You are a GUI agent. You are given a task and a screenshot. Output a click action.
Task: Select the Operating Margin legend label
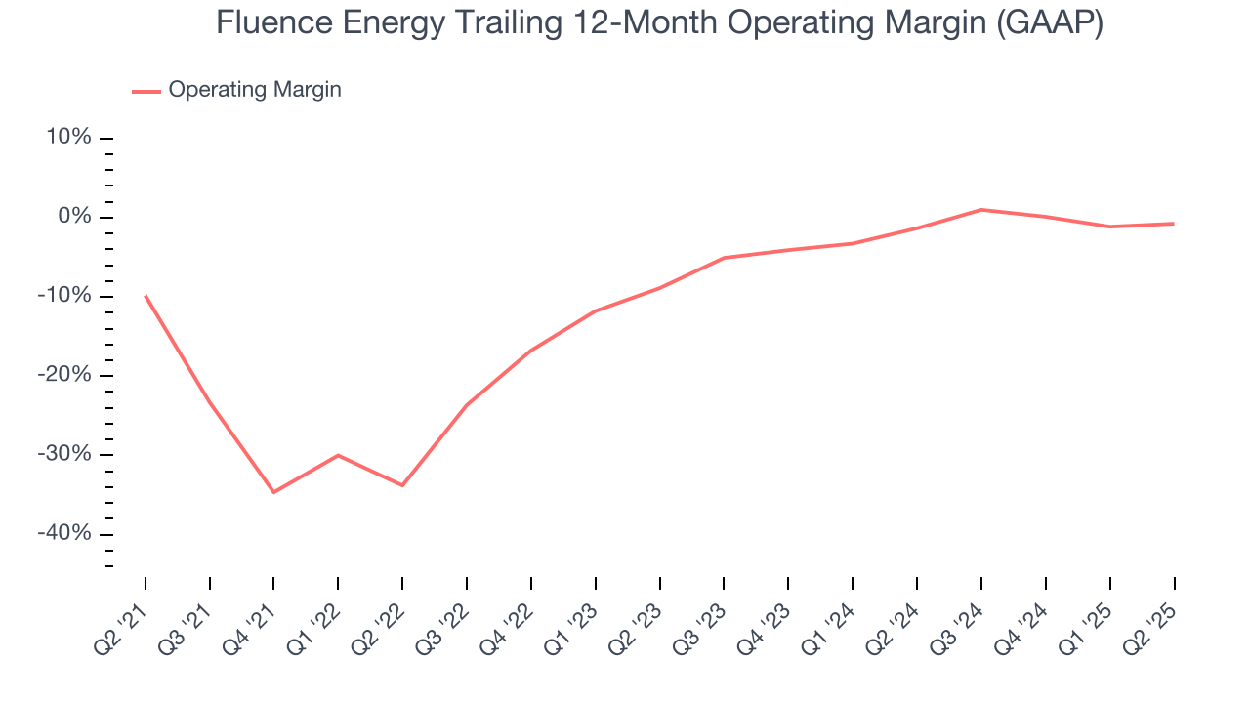255,90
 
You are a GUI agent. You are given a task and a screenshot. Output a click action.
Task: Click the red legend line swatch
146,91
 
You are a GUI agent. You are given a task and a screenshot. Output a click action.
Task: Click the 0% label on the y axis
74,217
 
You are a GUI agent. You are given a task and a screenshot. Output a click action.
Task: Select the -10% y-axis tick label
65,296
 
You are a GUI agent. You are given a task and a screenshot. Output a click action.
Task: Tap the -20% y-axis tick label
65,375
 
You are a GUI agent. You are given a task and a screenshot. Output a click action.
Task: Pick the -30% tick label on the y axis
65,454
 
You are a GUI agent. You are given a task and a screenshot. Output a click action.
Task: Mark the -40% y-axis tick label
65,533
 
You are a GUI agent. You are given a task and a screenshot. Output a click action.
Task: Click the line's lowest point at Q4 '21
273,492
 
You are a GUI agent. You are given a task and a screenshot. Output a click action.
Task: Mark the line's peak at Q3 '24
981,209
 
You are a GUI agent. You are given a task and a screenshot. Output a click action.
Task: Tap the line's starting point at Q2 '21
146,296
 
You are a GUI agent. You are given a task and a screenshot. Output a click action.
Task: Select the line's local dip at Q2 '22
402,485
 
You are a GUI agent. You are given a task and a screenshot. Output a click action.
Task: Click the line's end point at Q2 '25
1174,224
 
